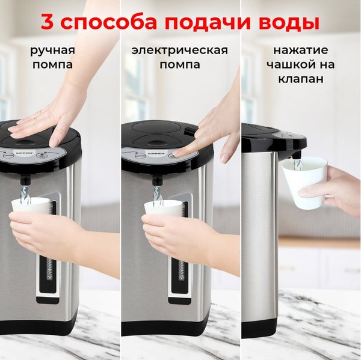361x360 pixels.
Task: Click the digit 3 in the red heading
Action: click(49, 22)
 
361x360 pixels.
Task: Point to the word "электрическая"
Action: click(180, 49)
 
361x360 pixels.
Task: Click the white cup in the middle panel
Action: click(163, 207)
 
